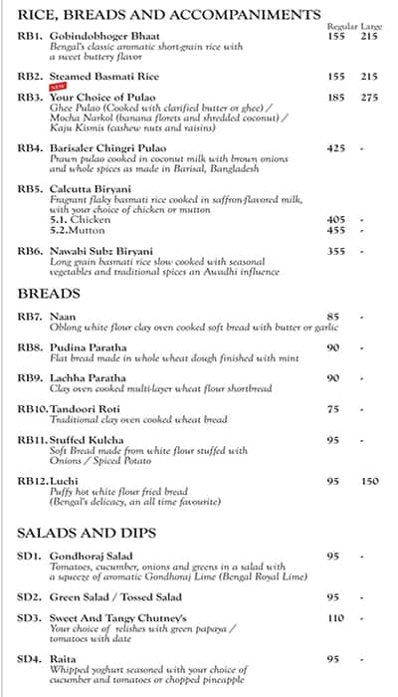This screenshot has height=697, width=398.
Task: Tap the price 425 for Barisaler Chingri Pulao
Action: tap(336, 148)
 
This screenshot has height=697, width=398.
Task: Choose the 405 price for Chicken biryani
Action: tap(336, 219)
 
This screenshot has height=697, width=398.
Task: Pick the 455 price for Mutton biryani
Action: tap(336, 230)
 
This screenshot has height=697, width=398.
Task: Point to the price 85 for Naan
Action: tap(333, 318)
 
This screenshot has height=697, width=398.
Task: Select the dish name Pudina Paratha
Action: tap(88, 347)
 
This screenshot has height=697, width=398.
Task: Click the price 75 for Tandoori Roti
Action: tap(333, 409)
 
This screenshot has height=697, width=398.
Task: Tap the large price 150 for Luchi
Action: tap(369, 482)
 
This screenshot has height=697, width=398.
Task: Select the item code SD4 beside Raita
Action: tap(29, 658)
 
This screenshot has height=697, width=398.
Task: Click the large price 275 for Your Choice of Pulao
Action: tap(369, 98)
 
